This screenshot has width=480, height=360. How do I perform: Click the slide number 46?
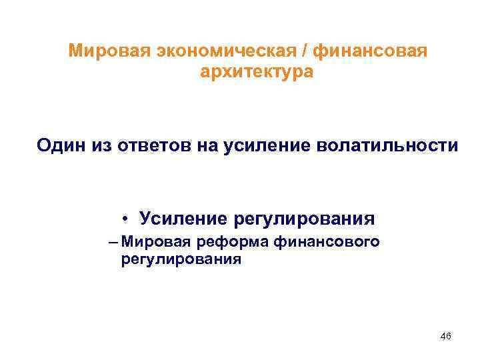click(446, 337)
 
